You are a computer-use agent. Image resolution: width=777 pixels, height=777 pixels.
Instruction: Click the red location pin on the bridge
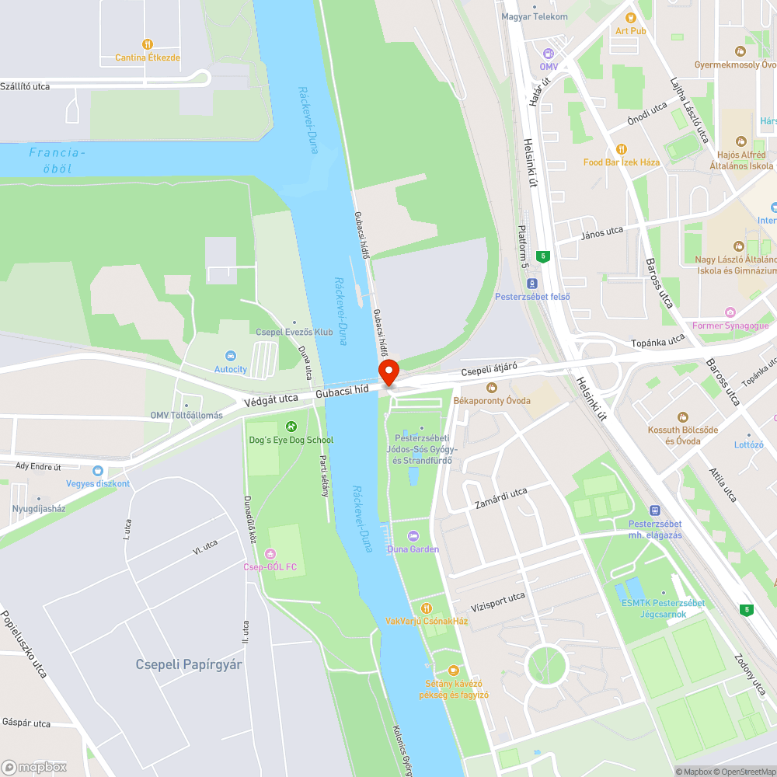[x=388, y=371]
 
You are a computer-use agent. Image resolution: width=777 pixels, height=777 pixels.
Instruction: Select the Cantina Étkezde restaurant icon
[x=148, y=44]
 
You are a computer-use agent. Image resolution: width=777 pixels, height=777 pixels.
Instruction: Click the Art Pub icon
[x=630, y=17]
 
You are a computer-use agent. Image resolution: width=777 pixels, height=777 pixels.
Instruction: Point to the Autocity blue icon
[x=230, y=356]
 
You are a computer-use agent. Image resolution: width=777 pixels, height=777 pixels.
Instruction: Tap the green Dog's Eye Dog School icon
[x=291, y=426]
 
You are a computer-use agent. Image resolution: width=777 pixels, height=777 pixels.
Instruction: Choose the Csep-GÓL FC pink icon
[x=270, y=553]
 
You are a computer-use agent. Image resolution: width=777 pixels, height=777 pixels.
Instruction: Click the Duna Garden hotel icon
[x=413, y=535]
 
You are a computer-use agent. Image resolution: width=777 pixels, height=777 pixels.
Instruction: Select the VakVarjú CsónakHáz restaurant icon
[x=426, y=608]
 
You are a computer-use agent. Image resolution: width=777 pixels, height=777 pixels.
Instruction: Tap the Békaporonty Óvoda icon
[x=491, y=387]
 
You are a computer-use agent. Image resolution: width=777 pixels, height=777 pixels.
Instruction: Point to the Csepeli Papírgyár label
[x=189, y=664]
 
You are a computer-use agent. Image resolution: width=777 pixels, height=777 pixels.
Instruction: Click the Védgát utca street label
[x=270, y=399]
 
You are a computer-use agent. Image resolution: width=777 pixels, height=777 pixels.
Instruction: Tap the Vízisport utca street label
[x=497, y=601]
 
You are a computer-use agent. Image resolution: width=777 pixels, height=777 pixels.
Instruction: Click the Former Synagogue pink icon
[x=730, y=312]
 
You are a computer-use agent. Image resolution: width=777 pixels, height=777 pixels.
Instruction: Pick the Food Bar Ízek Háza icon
[x=621, y=148]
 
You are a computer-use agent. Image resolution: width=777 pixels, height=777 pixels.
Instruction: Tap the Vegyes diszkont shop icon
[x=97, y=470]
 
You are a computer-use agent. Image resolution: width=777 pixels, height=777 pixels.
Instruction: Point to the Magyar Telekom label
[x=534, y=16]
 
